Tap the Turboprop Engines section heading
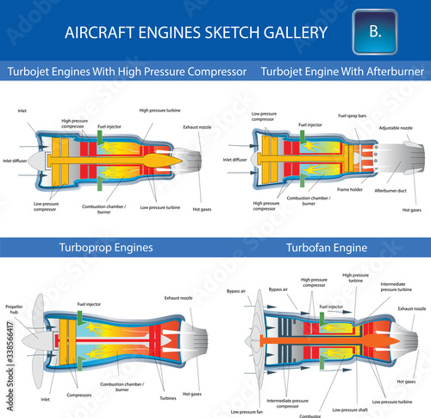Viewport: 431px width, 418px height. [x=106, y=247]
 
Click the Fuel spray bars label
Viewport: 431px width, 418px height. [x=351, y=115]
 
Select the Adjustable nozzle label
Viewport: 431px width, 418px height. [x=396, y=128]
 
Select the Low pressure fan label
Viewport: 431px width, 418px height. [x=247, y=411]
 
